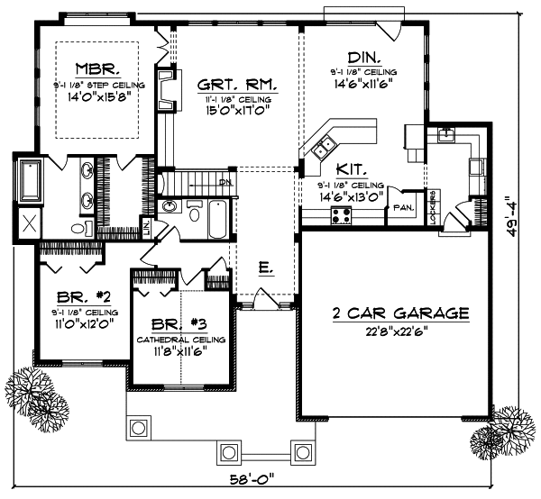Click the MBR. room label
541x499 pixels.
click(93, 68)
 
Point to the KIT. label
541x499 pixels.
click(350, 168)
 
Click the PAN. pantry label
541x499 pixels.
click(402, 207)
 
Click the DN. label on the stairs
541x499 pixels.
click(225, 182)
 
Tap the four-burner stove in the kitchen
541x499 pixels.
click(343, 213)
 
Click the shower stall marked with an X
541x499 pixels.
click(29, 222)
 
